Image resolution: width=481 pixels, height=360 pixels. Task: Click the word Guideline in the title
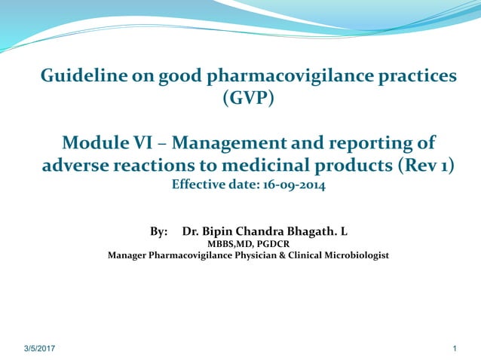78,76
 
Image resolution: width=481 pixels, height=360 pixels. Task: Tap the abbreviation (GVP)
249,98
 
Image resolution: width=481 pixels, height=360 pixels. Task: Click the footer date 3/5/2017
39,349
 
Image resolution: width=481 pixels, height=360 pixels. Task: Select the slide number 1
456,349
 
